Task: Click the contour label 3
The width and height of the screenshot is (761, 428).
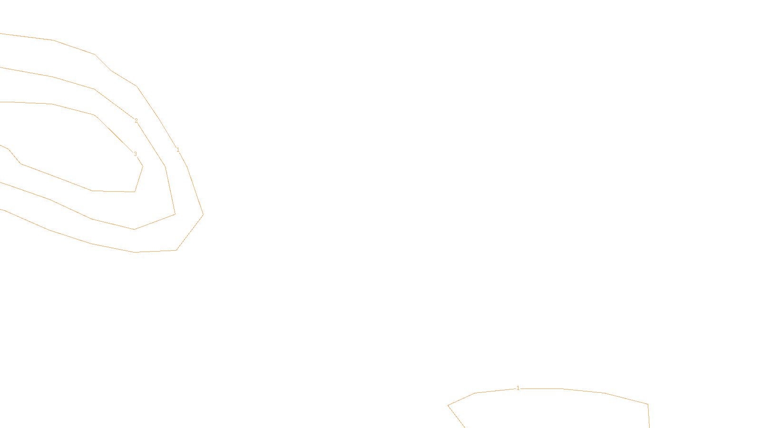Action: [x=135, y=154]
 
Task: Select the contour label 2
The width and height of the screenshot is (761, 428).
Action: [x=136, y=121]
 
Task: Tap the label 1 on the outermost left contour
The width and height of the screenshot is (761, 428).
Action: [x=178, y=150]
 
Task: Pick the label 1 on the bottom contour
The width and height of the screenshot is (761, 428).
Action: [x=518, y=388]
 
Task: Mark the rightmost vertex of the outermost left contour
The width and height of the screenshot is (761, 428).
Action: [x=203, y=214]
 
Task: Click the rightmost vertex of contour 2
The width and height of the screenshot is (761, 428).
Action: [x=176, y=214]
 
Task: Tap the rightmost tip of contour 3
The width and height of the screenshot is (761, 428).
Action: [x=143, y=166]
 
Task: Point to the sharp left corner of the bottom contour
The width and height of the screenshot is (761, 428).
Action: [x=448, y=406]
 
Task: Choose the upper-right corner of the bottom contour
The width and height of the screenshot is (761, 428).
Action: [x=648, y=404]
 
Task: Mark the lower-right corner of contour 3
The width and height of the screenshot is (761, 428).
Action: [x=135, y=192]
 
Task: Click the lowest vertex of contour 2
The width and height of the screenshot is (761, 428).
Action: [x=134, y=229]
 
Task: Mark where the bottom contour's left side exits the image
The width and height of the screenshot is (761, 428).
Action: [x=464, y=427]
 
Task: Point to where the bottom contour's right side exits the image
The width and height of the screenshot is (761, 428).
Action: [x=649, y=427]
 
